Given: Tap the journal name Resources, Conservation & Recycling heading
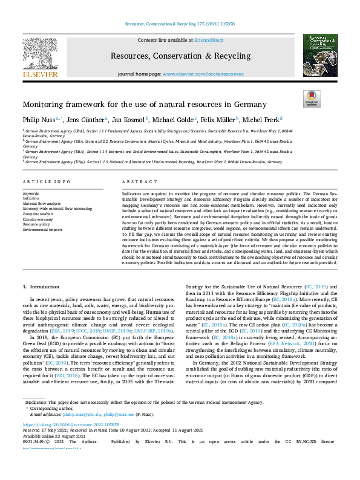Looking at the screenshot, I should click(180, 56).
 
